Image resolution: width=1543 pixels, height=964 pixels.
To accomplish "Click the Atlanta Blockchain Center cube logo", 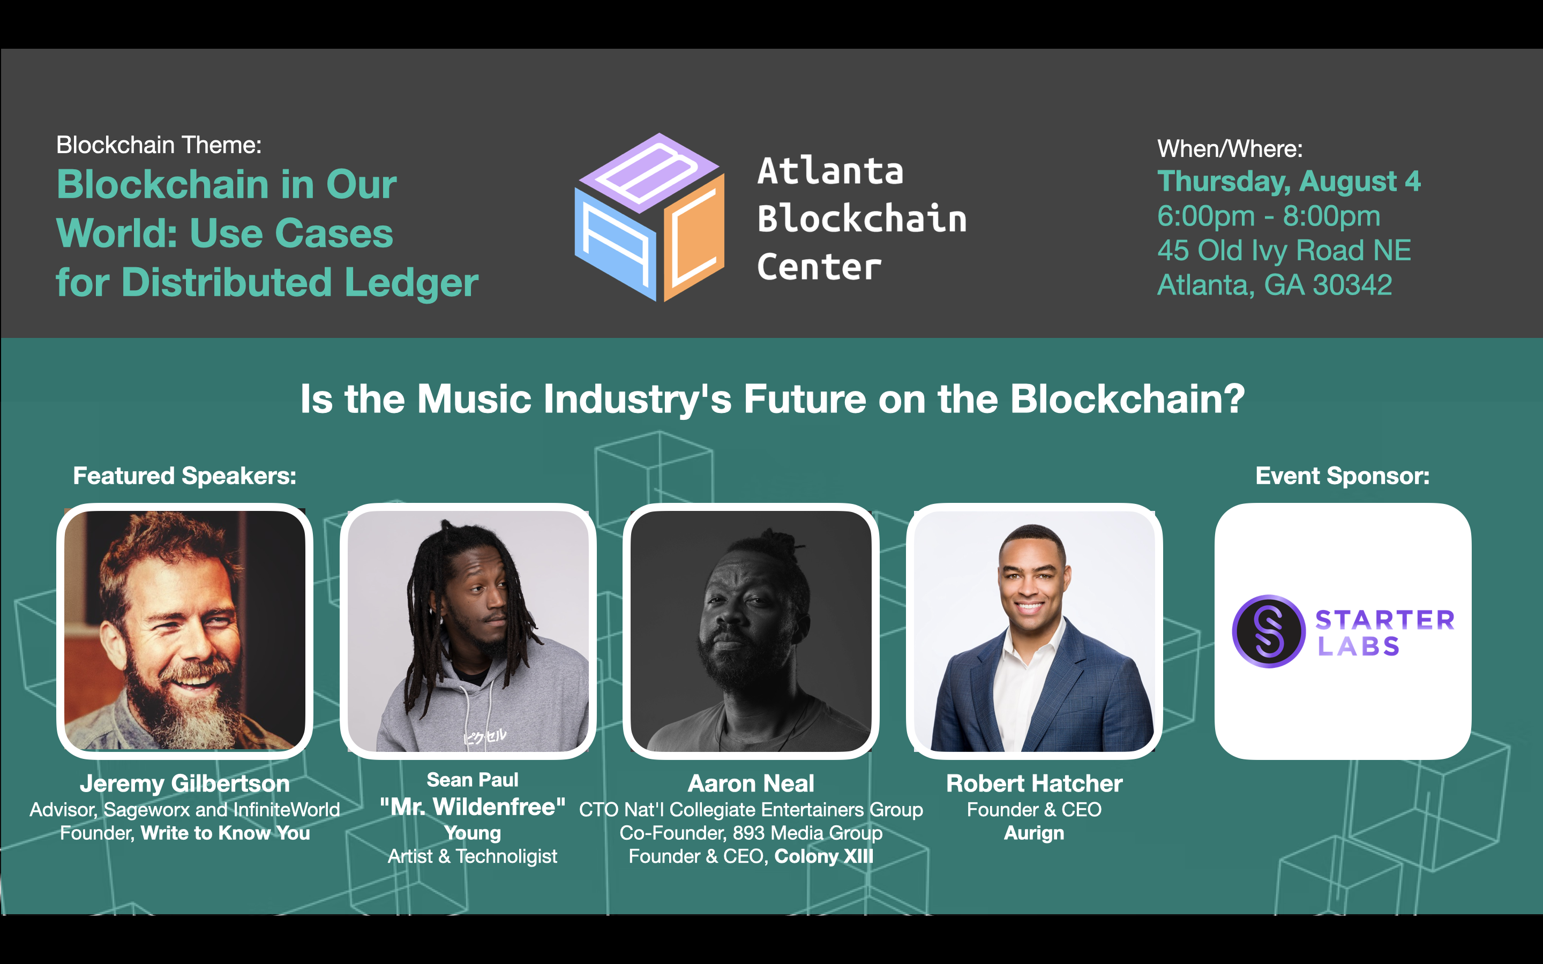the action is pyautogui.click(x=650, y=217).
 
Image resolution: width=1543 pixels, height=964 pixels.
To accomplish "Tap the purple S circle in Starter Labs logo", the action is pyautogui.click(x=1268, y=631).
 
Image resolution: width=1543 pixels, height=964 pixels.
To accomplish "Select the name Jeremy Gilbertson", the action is pyautogui.click(x=185, y=784).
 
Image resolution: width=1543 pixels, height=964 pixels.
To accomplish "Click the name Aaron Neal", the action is pyautogui.click(x=751, y=784).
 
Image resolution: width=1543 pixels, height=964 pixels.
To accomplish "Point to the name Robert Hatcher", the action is pyautogui.click(x=1034, y=784).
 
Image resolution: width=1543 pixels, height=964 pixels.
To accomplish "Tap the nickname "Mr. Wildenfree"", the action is pyautogui.click(x=473, y=807).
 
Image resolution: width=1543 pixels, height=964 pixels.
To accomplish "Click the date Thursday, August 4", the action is pyautogui.click(x=1289, y=182).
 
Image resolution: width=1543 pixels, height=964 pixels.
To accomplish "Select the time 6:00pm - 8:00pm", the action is pyautogui.click(x=1268, y=216).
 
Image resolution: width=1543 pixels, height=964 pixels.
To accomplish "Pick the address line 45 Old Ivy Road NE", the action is pyautogui.click(x=1284, y=251).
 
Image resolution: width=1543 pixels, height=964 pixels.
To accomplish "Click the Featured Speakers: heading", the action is pyautogui.click(x=185, y=476).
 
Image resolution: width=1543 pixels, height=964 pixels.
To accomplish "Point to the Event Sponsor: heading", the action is pyautogui.click(x=1342, y=476).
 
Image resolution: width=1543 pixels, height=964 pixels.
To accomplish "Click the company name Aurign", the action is pyautogui.click(x=1034, y=833).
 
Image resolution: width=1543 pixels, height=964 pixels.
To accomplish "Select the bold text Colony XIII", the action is pyautogui.click(x=824, y=856).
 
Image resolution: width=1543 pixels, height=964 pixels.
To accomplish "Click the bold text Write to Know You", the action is pyautogui.click(x=225, y=833).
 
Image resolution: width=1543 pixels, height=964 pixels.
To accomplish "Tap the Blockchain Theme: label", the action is pyautogui.click(x=159, y=145).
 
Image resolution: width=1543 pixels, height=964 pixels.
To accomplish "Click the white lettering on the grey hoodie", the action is pyautogui.click(x=484, y=736).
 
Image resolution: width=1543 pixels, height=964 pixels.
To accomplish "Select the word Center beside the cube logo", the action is pyautogui.click(x=819, y=267).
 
